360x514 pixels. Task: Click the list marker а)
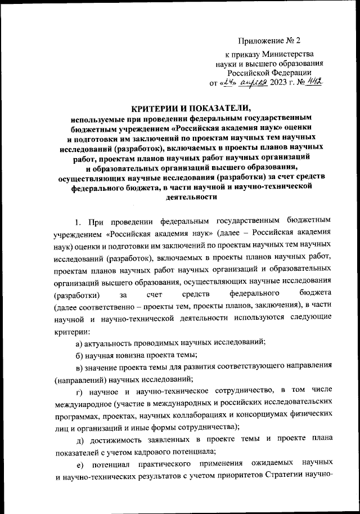(x=79, y=343)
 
